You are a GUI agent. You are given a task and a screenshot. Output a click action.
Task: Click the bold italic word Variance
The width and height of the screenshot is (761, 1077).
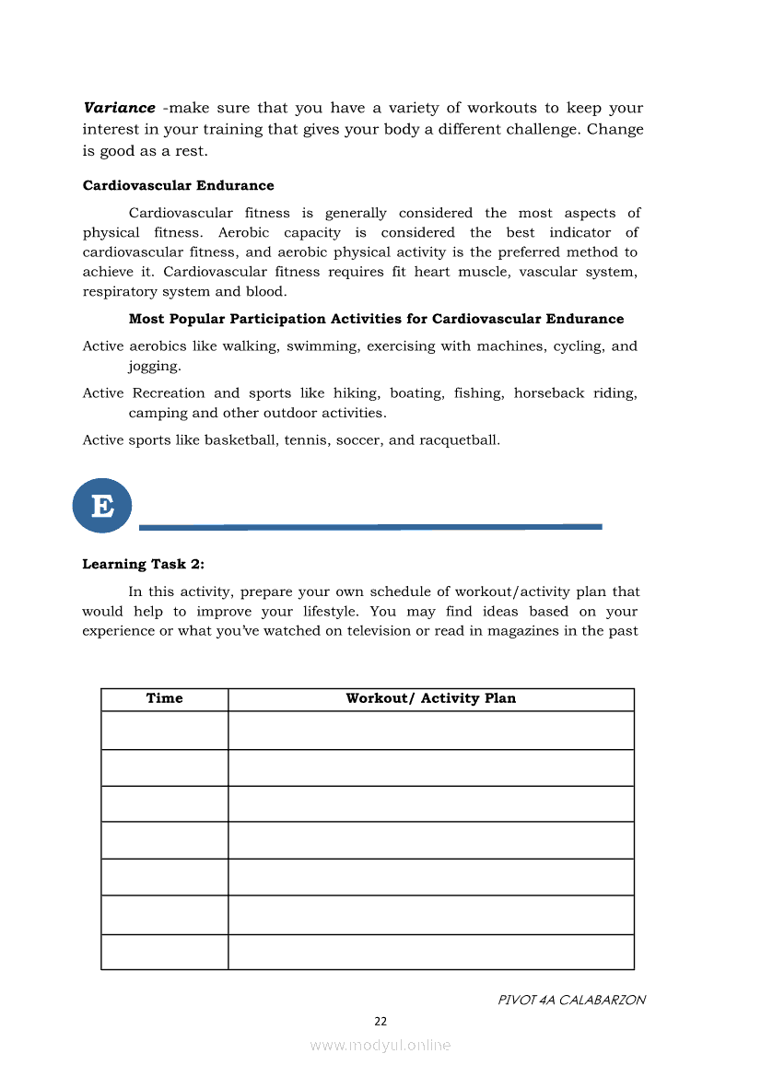pyautogui.click(x=119, y=108)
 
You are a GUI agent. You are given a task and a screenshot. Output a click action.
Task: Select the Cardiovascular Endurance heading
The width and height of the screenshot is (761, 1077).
pyautogui.click(x=178, y=185)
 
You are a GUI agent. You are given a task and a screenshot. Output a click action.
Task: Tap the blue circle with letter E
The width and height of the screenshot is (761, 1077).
pyautogui.click(x=102, y=505)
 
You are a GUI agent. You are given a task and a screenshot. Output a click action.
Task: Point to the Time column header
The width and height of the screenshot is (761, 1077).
pyautogui.click(x=164, y=698)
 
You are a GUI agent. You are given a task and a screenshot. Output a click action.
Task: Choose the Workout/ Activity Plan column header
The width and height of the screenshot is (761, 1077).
pyautogui.click(x=430, y=698)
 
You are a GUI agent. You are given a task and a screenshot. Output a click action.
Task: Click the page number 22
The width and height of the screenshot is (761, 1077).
pyautogui.click(x=380, y=1021)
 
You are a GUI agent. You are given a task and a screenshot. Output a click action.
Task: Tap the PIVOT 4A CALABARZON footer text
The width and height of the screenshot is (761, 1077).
pyautogui.click(x=571, y=1000)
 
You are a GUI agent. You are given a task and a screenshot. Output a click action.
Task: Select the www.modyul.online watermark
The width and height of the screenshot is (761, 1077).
pyautogui.click(x=380, y=1045)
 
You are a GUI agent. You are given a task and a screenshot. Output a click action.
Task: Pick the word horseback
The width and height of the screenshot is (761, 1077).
pyautogui.click(x=549, y=392)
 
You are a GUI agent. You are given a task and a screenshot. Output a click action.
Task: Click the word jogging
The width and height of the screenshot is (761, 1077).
pyautogui.click(x=154, y=366)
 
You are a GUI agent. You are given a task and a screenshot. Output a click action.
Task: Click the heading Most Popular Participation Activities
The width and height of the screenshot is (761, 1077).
pyautogui.click(x=376, y=319)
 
